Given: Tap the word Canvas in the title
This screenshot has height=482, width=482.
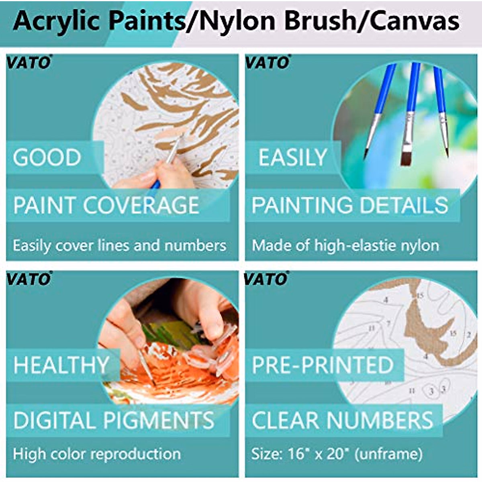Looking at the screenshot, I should (x=415, y=21).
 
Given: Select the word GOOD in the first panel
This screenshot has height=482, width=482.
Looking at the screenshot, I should (x=47, y=157).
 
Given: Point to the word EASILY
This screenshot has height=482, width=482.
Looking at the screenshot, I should (x=292, y=157).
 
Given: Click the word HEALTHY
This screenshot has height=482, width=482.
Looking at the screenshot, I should (x=61, y=365).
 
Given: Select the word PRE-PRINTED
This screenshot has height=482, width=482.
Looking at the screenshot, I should (x=322, y=365).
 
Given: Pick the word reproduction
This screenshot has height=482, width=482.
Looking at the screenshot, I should (x=140, y=454).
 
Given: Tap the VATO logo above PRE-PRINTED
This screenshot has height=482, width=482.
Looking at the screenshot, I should (x=266, y=278).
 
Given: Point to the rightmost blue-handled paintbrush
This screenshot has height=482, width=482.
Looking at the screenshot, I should (x=441, y=108).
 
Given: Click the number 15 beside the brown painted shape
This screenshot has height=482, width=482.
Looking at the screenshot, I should (x=453, y=333).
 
